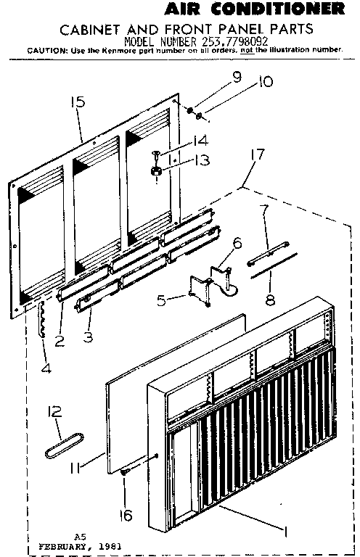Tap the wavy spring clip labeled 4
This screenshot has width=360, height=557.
(x=41, y=321)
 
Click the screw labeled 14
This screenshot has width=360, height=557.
(x=155, y=154)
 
